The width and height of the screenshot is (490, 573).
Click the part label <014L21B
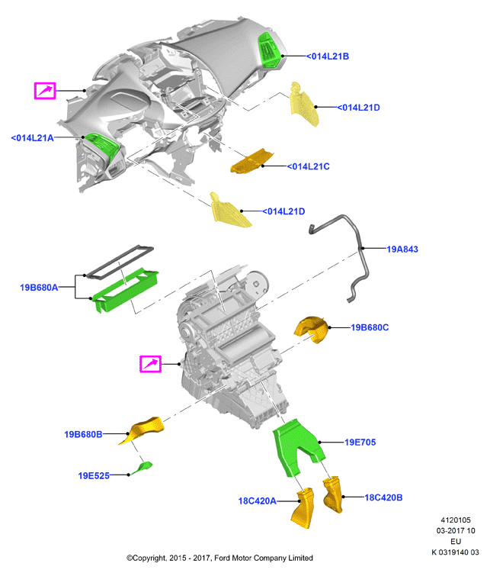coord(328,56)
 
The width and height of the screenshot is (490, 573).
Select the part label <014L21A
coord(33,138)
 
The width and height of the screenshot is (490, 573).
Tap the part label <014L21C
coord(309,166)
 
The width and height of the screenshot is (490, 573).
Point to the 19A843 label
coord(402,249)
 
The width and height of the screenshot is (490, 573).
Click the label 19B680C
coord(370,327)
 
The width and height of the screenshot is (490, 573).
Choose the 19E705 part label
coord(360,443)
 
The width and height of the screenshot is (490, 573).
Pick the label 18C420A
coord(258,501)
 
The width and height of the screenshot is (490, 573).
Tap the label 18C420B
coord(383,497)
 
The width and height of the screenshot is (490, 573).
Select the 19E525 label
coord(94,475)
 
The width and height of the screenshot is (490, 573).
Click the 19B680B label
coord(83,434)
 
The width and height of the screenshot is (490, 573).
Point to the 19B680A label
coord(39,288)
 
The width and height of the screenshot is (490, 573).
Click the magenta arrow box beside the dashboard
coord(45,91)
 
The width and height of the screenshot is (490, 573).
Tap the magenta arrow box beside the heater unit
coord(151,364)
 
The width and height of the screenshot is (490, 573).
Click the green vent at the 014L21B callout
coord(270,50)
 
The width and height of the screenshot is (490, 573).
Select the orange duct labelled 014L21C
coord(252,161)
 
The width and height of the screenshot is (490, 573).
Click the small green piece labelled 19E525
coord(143,468)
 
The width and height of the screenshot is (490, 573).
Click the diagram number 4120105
coord(456,520)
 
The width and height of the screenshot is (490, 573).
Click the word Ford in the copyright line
coord(223,558)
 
